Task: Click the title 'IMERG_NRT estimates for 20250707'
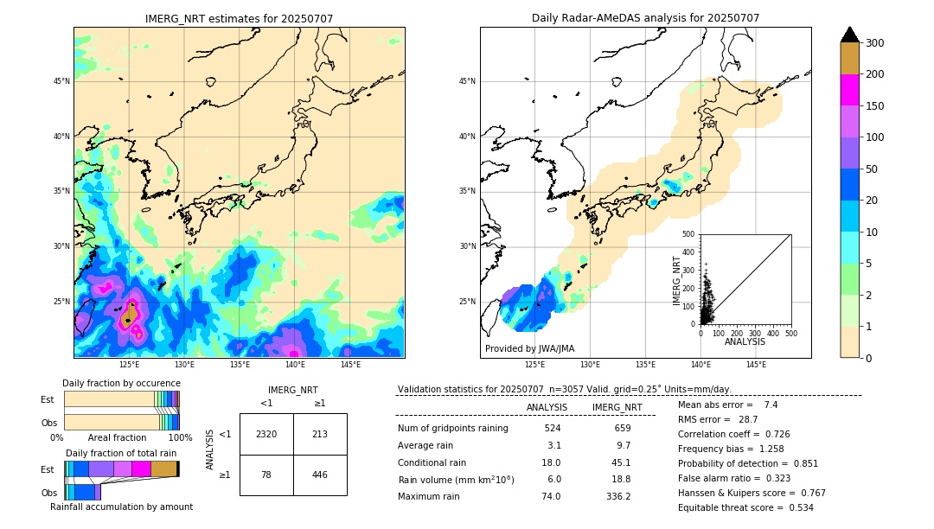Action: pyautogui.click(x=239, y=18)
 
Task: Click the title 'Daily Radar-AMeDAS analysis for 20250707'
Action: pyautogui.click(x=645, y=18)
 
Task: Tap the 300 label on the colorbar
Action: pyautogui.click(x=874, y=43)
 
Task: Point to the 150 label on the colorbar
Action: pyautogui.click(x=874, y=106)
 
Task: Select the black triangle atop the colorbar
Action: pyautogui.click(x=850, y=35)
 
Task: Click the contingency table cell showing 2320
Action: pyautogui.click(x=266, y=434)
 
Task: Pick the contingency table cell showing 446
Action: pyautogui.click(x=320, y=475)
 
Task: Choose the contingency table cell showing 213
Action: pyautogui.click(x=320, y=434)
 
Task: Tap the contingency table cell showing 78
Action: pyautogui.click(x=266, y=475)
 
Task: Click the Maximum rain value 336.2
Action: pyautogui.click(x=617, y=496)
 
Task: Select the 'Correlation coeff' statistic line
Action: pyautogui.click(x=733, y=434)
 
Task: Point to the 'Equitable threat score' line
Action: pyautogui.click(x=745, y=507)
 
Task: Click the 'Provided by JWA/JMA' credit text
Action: pyautogui.click(x=529, y=348)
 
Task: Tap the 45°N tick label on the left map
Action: pyautogui.click(x=61, y=81)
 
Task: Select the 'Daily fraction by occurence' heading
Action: pyautogui.click(x=121, y=383)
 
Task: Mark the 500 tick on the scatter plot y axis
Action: pyautogui.click(x=688, y=234)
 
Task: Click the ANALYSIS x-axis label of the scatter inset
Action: pyautogui.click(x=745, y=342)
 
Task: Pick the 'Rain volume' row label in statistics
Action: pyautogui.click(x=456, y=479)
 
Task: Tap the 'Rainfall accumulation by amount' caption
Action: pyautogui.click(x=121, y=507)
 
